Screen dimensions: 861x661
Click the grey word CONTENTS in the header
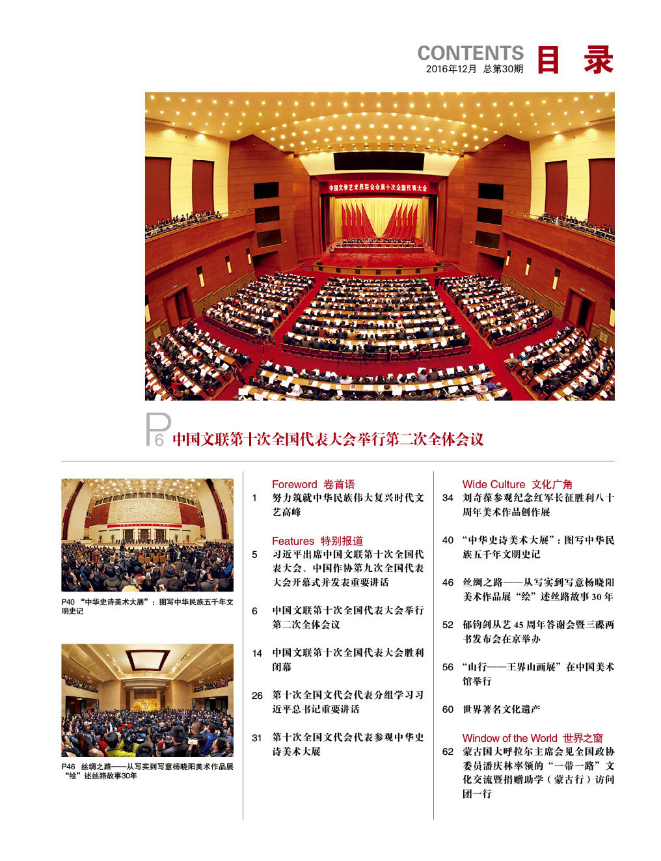[470, 53]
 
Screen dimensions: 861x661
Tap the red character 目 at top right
[548, 60]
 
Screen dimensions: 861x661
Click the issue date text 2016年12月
[451, 69]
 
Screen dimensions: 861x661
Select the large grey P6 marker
[157, 430]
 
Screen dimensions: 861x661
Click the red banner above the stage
[377, 187]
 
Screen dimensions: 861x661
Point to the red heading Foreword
[294, 484]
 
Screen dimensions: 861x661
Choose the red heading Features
[293, 541]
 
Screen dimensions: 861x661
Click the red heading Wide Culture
[493, 484]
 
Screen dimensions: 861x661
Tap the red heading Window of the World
[509, 738]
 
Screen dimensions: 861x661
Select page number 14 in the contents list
[257, 653]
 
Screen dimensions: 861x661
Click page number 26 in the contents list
[257, 696]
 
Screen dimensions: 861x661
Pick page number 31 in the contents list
[257, 738]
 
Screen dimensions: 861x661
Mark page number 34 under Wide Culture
[448, 498]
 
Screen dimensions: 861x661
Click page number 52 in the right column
[448, 625]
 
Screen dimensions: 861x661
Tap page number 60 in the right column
[448, 709]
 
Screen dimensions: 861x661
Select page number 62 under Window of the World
[448, 752]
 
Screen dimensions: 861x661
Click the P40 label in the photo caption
[68, 602]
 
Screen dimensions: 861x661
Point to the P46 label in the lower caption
[68, 767]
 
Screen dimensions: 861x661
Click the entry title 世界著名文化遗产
[501, 709]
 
